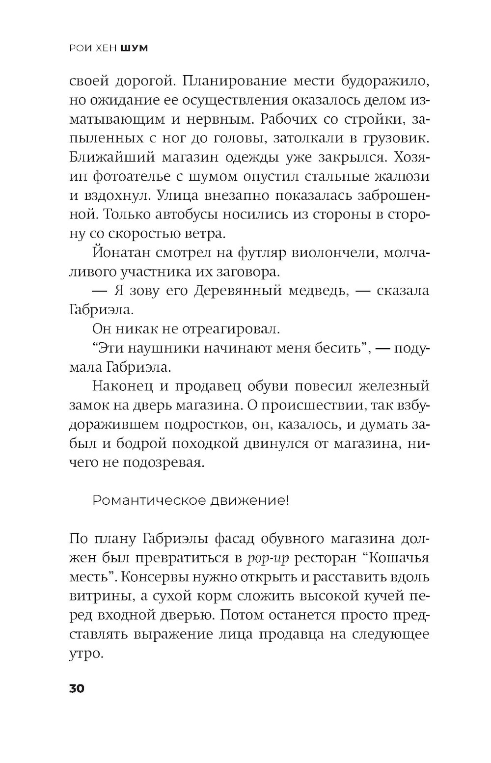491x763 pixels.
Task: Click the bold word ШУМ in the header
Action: pyautogui.click(x=134, y=48)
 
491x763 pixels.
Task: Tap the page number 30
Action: pyautogui.click(x=77, y=688)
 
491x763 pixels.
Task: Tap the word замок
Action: pyautogui.click(x=89, y=406)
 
